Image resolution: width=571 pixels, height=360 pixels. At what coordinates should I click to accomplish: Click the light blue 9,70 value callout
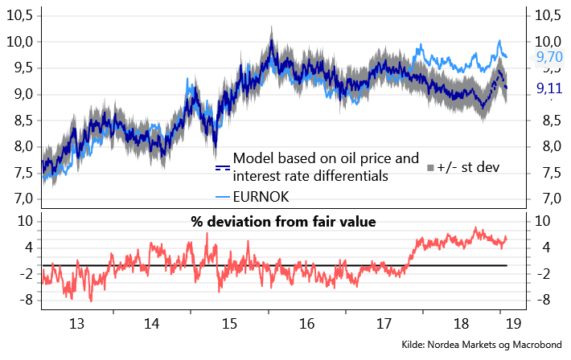click(x=549, y=57)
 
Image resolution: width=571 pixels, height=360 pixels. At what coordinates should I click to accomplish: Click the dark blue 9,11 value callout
click(x=549, y=88)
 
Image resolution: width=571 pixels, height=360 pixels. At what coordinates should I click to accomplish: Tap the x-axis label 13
click(x=77, y=325)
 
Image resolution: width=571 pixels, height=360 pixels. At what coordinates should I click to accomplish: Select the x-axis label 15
click(x=229, y=325)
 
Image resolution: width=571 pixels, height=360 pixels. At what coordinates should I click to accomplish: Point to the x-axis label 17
click(x=383, y=325)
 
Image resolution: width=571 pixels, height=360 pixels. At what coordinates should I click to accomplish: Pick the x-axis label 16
click(x=306, y=325)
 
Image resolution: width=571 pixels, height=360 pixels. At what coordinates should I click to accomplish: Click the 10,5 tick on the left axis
click(x=22, y=15)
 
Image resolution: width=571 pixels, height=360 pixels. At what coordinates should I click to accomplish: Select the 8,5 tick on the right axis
click(x=549, y=121)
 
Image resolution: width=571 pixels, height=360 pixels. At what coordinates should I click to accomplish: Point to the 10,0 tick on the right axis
click(x=549, y=41)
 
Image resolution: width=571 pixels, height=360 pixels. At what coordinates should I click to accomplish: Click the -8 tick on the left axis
click(x=26, y=301)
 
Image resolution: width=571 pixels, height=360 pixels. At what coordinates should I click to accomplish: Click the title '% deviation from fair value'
click(x=283, y=222)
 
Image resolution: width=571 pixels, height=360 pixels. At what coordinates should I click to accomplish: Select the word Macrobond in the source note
click(x=534, y=345)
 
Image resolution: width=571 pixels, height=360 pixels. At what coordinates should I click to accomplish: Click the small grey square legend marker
click(x=431, y=167)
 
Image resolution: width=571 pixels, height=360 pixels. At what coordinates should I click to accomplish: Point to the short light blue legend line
click(x=223, y=196)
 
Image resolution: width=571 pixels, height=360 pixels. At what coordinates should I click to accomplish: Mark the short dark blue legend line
click(x=223, y=167)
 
